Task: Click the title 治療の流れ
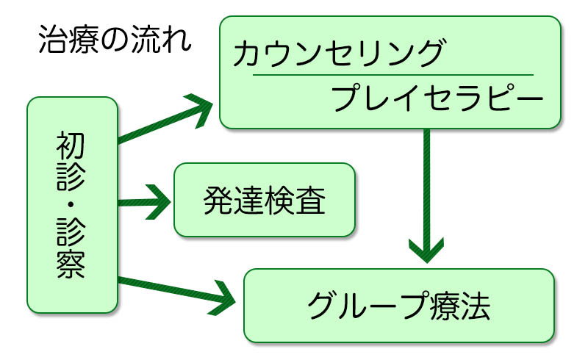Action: pos(115,40)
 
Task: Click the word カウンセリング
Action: pos(339,54)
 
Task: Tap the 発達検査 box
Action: pos(264,200)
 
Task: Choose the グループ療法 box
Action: pos(398,305)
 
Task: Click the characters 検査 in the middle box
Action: pos(295,200)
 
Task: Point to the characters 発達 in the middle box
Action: pos(233,200)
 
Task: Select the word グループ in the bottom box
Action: pos(367,306)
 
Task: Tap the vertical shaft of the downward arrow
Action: pos(426,184)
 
